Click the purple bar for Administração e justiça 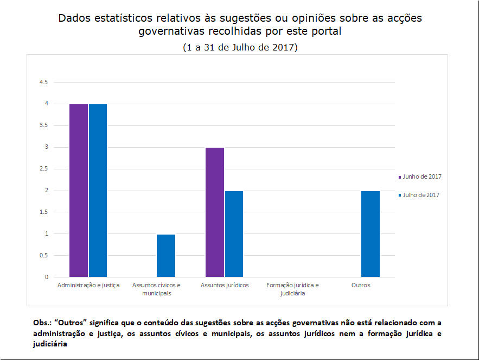point(79,190)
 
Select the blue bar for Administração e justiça point(98,190)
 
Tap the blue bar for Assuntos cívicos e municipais point(166,255)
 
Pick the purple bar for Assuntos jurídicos point(215,212)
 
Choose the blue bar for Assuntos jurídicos point(234,233)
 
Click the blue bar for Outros point(371,233)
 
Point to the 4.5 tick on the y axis point(43,82)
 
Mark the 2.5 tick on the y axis point(43,169)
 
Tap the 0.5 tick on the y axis point(43,256)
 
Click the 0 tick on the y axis point(47,277)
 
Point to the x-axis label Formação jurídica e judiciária point(293,289)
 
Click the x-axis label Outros point(361,285)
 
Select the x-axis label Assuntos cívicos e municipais point(157,289)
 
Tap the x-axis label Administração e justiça point(88,285)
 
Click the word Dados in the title point(76,18)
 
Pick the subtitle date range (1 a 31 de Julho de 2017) point(240,47)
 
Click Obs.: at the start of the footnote point(43,323)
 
